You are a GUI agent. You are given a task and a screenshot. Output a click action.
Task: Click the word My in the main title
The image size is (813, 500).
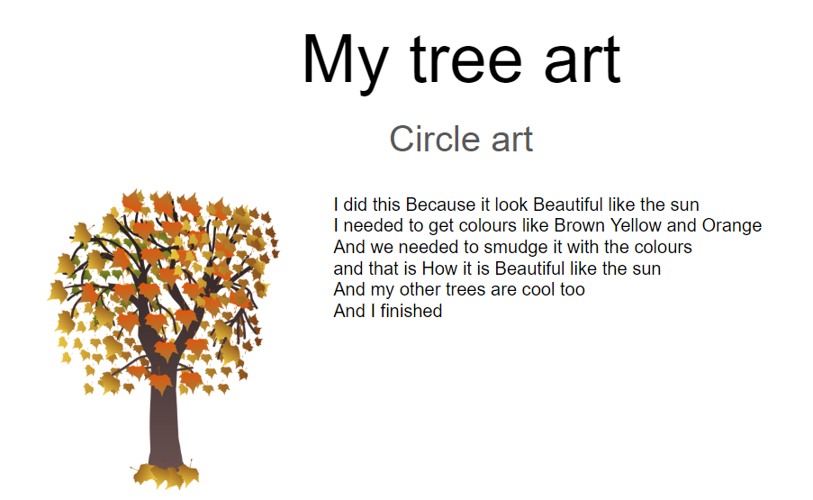345,62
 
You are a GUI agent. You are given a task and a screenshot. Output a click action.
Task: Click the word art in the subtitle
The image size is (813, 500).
511,140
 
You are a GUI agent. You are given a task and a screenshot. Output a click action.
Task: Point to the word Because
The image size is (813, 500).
441,205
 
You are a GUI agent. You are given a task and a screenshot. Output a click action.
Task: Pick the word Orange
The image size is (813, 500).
732,226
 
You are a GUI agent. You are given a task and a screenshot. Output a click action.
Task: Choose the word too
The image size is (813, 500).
572,290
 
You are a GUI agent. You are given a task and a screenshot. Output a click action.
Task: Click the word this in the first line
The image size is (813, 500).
386,205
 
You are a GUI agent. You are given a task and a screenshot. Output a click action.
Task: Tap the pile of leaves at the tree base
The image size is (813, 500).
166,475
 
